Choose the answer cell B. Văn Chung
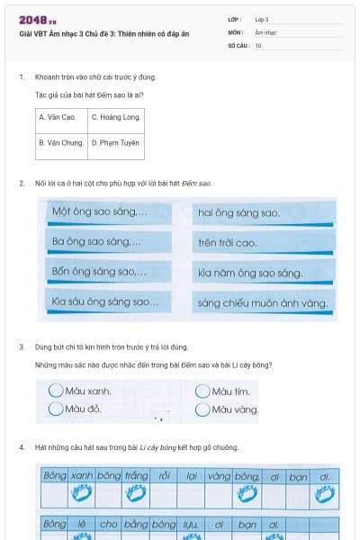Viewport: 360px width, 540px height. point(60,142)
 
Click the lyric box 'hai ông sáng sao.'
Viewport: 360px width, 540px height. point(263,213)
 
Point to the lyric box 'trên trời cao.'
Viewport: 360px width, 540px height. point(263,243)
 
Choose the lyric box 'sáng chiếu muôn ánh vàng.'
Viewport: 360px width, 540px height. point(263,301)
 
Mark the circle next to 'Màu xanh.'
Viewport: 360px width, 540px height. point(56,391)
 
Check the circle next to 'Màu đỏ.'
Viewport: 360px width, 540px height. point(56,409)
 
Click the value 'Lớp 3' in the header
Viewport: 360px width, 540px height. point(262,19)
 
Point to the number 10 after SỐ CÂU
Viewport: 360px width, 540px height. point(258,44)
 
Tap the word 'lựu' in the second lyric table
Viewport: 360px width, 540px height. point(190,523)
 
